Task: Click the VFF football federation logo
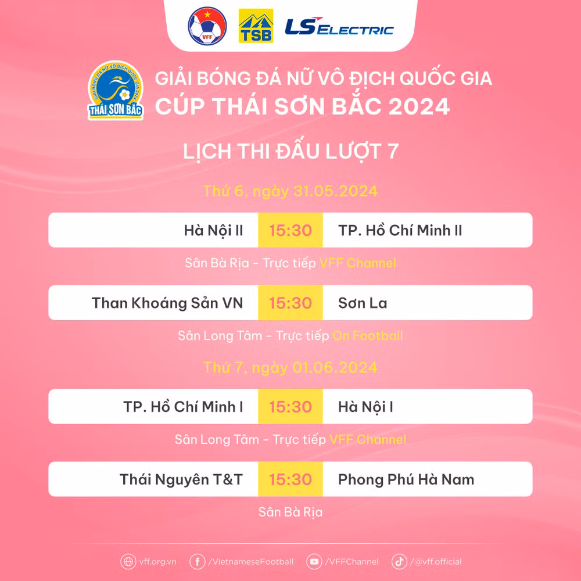click(x=207, y=26)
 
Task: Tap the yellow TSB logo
click(x=256, y=26)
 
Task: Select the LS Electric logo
click(x=339, y=27)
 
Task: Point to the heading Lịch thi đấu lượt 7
click(x=290, y=152)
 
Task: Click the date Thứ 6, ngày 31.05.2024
click(x=290, y=191)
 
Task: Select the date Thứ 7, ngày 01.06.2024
click(x=290, y=368)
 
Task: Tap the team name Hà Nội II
click(x=213, y=230)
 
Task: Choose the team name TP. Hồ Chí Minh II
click(x=400, y=230)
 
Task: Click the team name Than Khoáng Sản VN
click(x=167, y=303)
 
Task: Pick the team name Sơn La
click(x=363, y=303)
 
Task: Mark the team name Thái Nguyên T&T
click(x=181, y=479)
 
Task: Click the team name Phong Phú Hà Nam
click(x=406, y=479)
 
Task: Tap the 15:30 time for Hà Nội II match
click(x=290, y=230)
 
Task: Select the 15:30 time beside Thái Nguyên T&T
click(x=290, y=479)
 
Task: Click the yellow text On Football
click(x=367, y=336)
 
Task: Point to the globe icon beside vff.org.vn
click(x=128, y=562)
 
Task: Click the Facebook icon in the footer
click(x=198, y=562)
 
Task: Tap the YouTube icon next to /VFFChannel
click(x=314, y=562)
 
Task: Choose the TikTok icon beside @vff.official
click(x=399, y=562)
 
